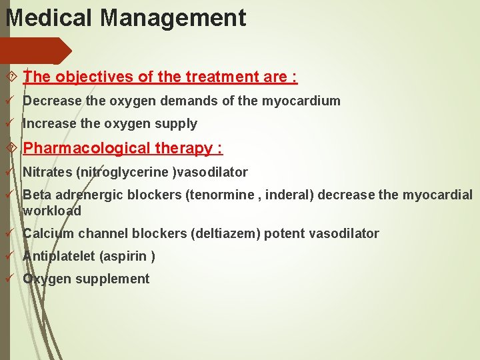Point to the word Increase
point(49,123)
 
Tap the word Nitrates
point(47,173)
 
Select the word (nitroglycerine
point(123,173)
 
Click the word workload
point(52,211)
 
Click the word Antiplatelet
point(59,256)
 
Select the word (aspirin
point(125,256)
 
